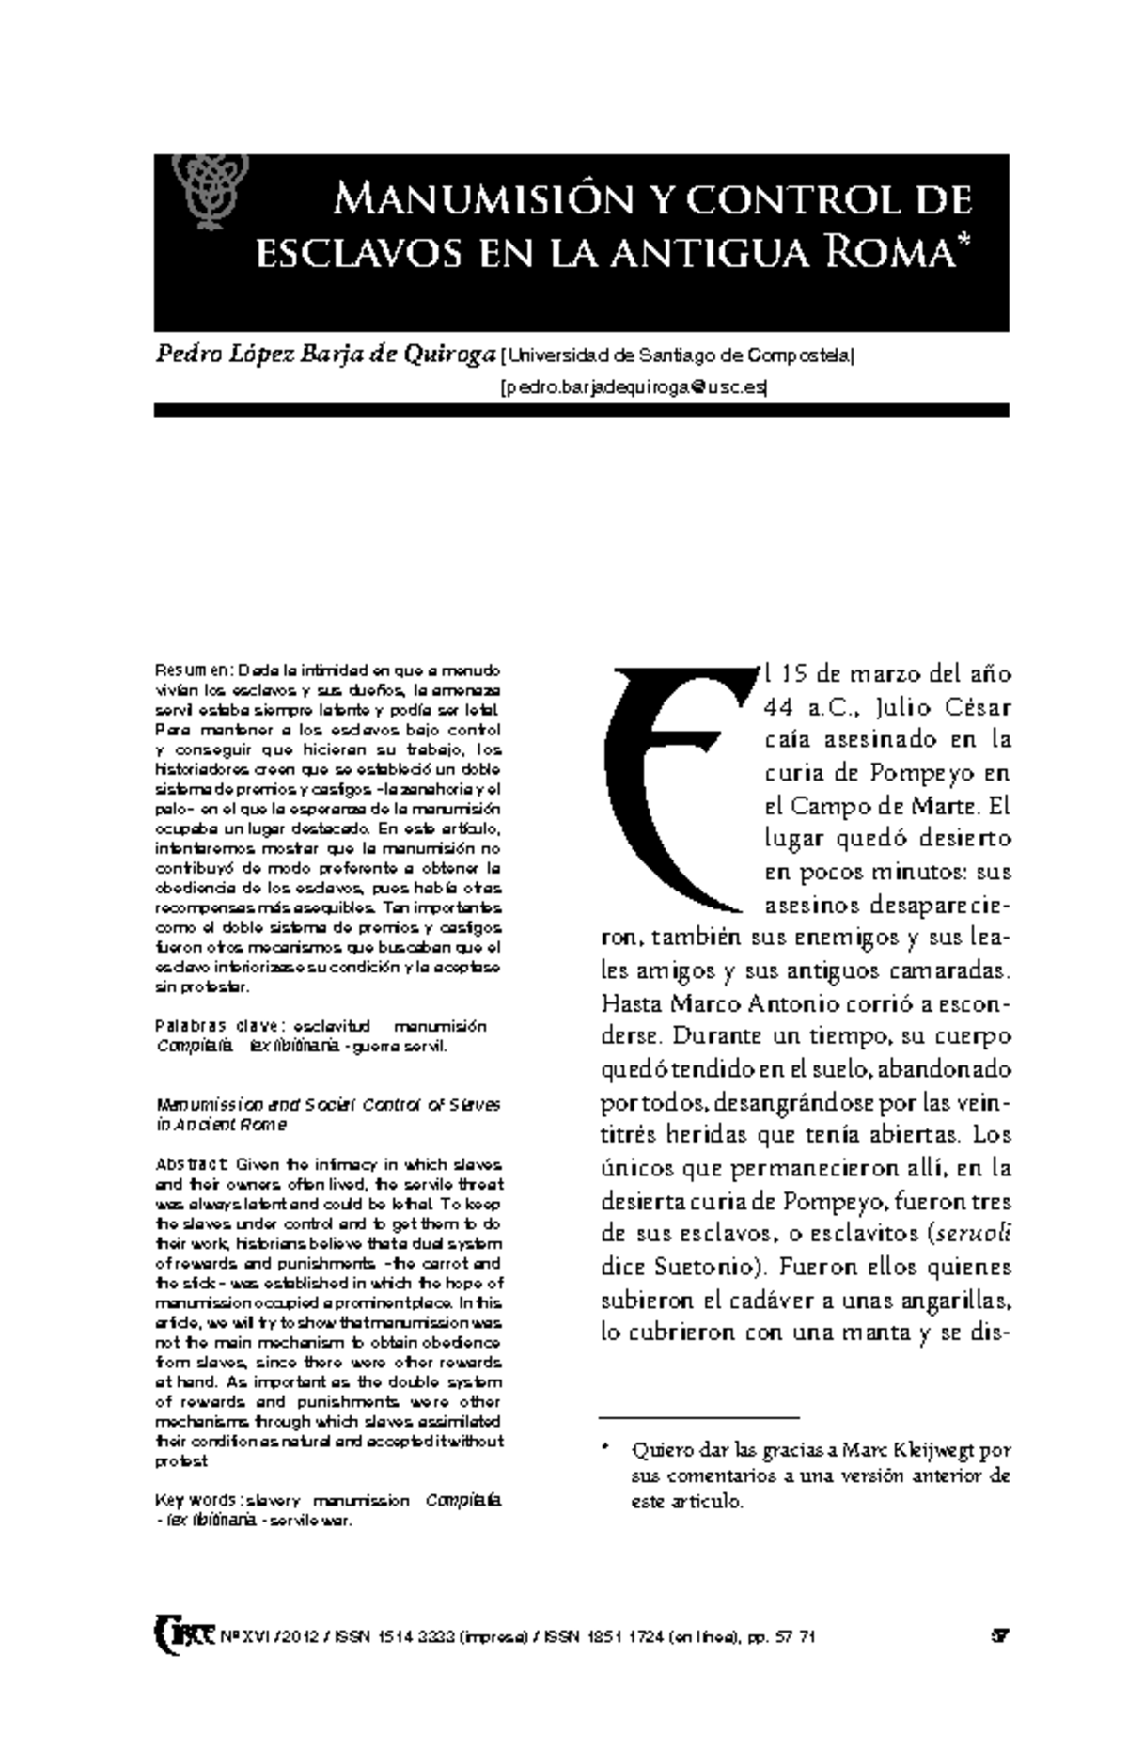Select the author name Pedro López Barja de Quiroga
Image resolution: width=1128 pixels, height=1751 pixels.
click(x=325, y=355)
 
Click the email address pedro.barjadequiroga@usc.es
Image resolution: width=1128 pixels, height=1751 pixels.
click(x=634, y=386)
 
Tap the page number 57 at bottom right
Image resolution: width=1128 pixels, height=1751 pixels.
click(x=999, y=1637)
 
